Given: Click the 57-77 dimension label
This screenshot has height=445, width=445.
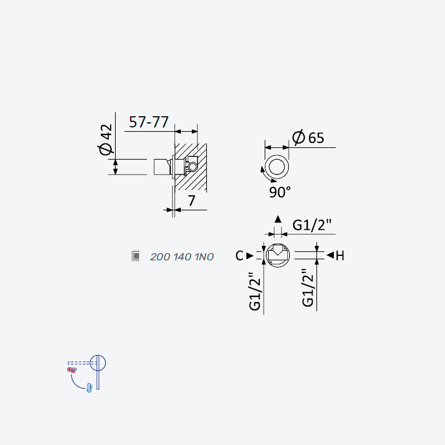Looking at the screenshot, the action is [x=149, y=122].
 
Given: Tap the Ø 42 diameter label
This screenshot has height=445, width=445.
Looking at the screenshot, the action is [x=106, y=140].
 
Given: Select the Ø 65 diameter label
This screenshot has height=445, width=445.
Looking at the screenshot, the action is [x=308, y=137].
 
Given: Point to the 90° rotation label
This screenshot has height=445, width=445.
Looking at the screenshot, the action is [x=280, y=192].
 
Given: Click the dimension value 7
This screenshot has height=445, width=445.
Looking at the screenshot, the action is [x=191, y=201].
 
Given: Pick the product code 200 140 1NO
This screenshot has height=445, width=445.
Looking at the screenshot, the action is [x=182, y=257].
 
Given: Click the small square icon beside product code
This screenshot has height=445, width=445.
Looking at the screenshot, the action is [x=135, y=256].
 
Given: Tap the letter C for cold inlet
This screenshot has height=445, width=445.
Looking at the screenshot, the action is [x=239, y=256].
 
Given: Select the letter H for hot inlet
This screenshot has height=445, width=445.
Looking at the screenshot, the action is [x=340, y=256].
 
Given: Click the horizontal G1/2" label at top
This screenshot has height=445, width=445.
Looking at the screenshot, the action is [x=312, y=225].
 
